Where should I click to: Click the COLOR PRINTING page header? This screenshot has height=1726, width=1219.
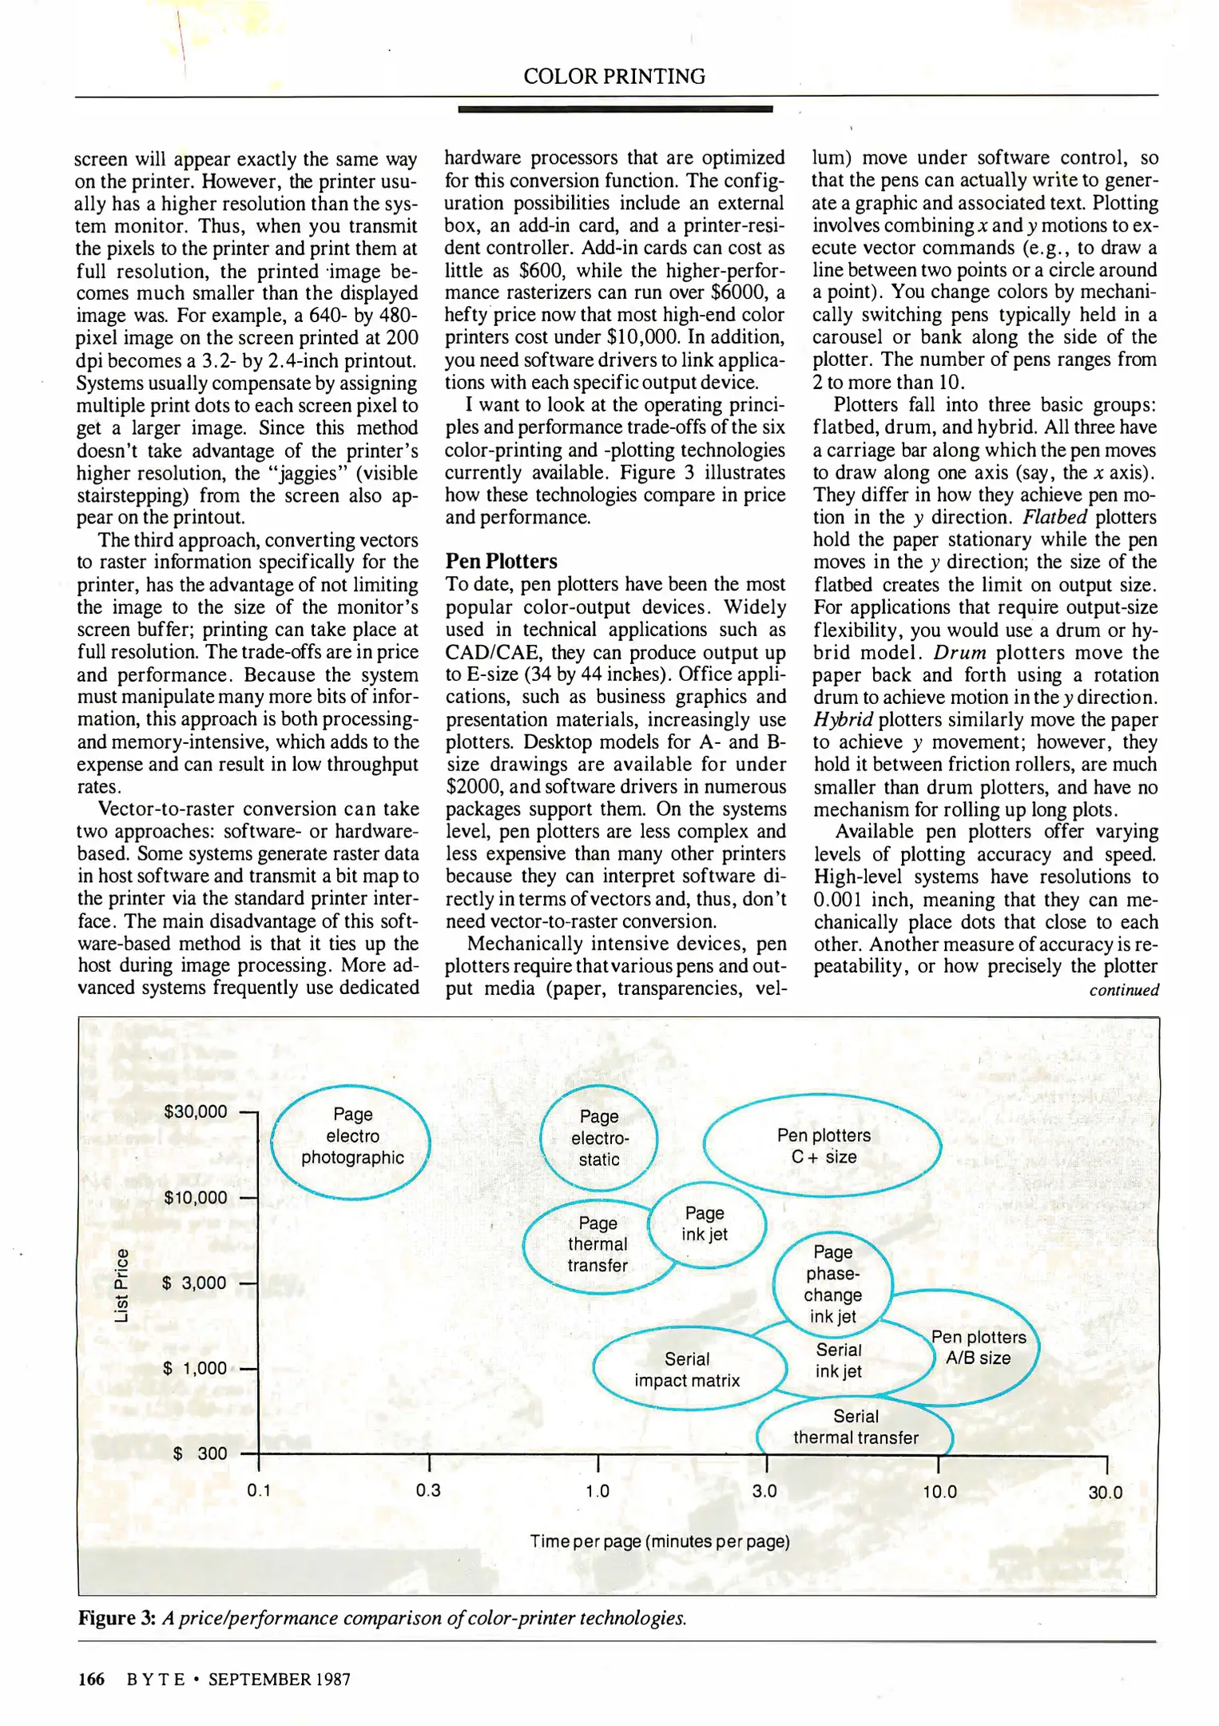613,77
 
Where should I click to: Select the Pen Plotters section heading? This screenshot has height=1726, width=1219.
501,561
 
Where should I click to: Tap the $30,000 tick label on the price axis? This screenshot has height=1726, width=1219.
195,1112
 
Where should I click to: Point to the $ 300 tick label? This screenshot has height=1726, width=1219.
200,1454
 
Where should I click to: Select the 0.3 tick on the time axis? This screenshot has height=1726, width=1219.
428,1491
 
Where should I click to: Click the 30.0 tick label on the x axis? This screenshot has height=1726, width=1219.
1105,1492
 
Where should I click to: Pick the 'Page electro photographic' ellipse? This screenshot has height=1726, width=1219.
351,1135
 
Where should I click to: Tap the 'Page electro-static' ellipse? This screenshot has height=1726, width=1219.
598,1138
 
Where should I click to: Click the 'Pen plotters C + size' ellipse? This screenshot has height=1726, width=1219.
823,1146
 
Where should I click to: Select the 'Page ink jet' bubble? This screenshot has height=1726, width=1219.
705,1223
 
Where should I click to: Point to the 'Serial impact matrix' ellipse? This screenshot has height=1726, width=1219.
687,1370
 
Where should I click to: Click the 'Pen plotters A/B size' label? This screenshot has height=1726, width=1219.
979,1347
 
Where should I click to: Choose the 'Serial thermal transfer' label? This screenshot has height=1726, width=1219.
856,1427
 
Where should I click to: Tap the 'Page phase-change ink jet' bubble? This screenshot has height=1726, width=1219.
833,1284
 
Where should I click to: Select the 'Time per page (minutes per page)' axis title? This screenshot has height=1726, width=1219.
659,1541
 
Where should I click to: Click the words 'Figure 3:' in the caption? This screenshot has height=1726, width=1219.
117,1618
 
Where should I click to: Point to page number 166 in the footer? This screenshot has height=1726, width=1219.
91,1679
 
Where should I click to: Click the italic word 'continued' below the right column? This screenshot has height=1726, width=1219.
1123,990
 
